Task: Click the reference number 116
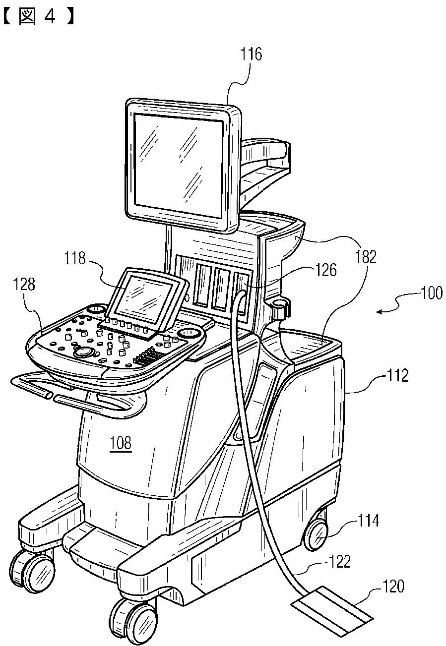[x=251, y=54]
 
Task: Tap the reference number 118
[x=74, y=258]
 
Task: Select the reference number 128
[x=25, y=284]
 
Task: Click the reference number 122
[x=339, y=562]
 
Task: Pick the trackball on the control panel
[x=84, y=352]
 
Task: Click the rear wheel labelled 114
[x=316, y=536]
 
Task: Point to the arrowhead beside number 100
[x=380, y=311]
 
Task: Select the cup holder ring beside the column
[x=280, y=308]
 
